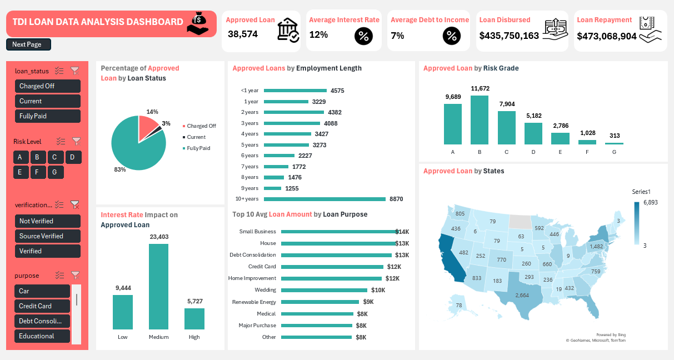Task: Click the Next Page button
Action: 28,44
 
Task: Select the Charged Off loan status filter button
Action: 48,86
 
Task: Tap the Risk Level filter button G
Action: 54,172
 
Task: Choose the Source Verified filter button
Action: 48,236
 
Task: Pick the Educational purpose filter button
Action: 42,336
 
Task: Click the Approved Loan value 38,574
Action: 243,34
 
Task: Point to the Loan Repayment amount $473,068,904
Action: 607,36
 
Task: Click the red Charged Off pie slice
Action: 148,127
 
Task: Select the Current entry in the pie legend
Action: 196,137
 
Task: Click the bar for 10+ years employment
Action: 324,199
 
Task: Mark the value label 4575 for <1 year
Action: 337,91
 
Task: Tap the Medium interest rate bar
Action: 158,287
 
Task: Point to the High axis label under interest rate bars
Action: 194,337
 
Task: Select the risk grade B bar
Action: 480,120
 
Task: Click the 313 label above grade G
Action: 614,136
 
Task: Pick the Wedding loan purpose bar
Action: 324,290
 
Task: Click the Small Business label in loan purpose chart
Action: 257,232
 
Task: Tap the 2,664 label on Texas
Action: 522,295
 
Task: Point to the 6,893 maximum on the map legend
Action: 650,203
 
